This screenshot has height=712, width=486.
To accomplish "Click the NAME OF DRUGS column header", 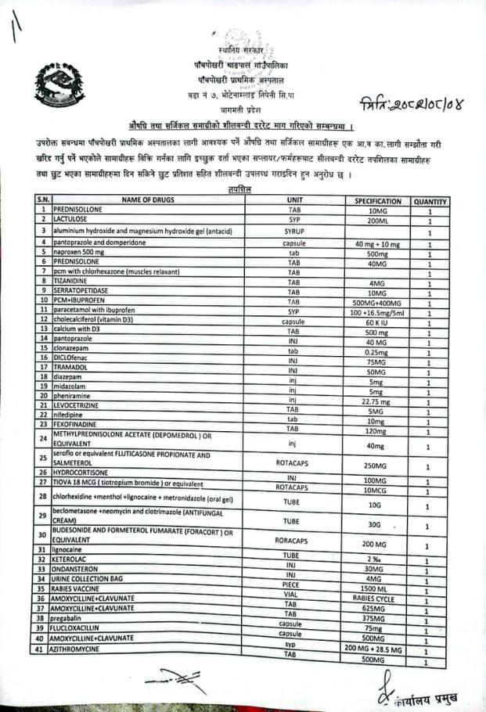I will (148, 201).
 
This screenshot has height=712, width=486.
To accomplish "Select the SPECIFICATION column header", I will (377, 201).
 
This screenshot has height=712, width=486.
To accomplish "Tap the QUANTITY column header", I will (430, 201).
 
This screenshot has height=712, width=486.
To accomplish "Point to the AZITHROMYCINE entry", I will (83, 650).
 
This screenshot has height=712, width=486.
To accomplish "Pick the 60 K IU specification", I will (377, 322).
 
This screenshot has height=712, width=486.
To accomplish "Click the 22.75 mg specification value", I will (377, 401).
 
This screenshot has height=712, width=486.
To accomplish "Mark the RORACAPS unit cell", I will (293, 540).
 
